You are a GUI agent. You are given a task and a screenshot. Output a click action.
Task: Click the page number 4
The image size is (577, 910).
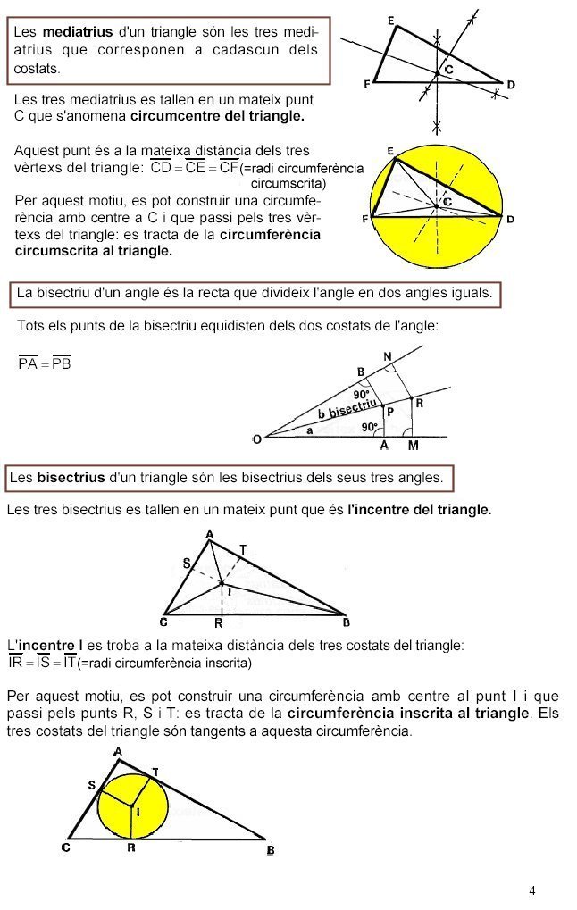click(532, 890)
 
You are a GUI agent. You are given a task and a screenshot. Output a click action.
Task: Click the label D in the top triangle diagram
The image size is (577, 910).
click(511, 85)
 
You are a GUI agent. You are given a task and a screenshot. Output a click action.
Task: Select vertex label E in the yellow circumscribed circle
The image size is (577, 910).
click(390, 152)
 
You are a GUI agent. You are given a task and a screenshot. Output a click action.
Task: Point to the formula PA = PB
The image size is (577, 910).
click(45, 363)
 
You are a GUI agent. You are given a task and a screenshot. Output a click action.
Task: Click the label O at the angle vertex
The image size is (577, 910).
click(257, 438)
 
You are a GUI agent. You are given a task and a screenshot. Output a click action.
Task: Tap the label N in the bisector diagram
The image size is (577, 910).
click(388, 357)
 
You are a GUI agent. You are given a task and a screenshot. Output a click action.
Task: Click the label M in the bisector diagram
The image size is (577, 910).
click(413, 445)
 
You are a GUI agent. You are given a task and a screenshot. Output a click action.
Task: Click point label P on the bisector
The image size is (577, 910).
click(389, 412)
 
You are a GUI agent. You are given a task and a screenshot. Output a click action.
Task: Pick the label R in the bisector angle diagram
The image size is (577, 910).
click(419, 403)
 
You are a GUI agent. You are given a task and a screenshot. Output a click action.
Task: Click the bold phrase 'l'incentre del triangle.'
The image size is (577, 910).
click(419, 511)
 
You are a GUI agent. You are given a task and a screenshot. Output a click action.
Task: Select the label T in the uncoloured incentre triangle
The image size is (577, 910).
click(243, 548)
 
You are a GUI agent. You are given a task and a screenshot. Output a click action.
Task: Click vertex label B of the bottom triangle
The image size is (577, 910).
click(271, 850)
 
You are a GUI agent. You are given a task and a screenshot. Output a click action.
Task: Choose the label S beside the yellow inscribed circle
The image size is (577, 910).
click(91, 784)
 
